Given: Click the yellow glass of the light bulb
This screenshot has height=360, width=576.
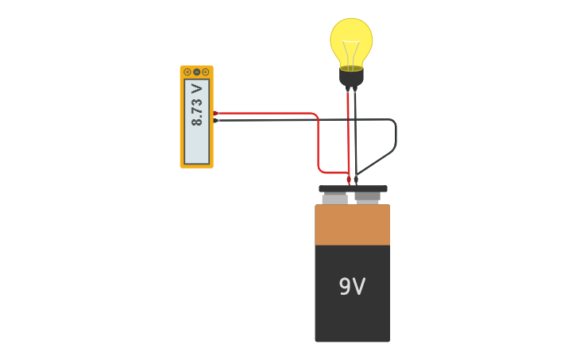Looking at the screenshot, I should [x=351, y=36].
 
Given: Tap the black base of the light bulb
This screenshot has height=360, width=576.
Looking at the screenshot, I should [x=351, y=78].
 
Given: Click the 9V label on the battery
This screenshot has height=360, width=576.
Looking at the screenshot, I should [x=352, y=287].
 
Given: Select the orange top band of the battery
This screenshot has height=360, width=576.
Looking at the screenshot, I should [x=352, y=225].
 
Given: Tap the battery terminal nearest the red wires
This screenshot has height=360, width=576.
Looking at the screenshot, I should [x=335, y=198].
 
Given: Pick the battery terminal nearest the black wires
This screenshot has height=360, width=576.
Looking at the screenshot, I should [x=367, y=197].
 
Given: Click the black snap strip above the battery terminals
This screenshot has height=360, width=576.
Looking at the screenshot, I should [x=353, y=188].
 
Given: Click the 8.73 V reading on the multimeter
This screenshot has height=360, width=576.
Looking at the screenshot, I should [x=197, y=106].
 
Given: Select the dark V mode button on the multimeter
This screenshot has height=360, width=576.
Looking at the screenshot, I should [x=196, y=72].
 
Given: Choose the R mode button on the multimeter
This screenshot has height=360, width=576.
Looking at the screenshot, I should [x=205, y=72].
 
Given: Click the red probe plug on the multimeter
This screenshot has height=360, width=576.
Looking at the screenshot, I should [x=215, y=113].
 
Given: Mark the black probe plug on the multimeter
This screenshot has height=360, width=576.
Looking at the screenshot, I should [x=215, y=120].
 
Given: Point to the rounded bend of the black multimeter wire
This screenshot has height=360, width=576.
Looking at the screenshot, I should [x=393, y=123].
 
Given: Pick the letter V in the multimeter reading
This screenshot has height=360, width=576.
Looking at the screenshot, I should [x=197, y=89].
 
